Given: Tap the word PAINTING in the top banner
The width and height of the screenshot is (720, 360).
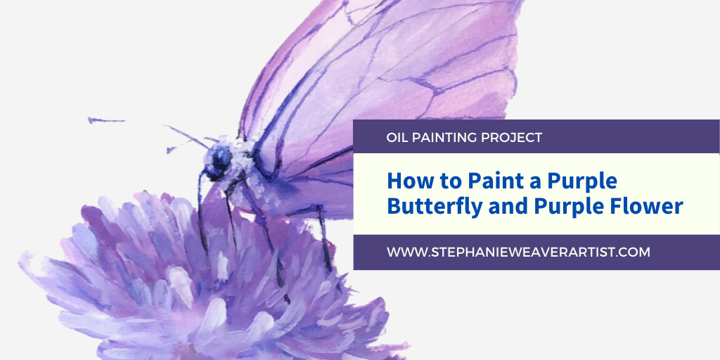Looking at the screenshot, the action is tap(444, 137).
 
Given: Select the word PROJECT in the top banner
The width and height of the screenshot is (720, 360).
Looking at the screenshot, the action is tap(512, 137).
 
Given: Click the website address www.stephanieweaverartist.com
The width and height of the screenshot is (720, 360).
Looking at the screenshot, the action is tap(518, 252).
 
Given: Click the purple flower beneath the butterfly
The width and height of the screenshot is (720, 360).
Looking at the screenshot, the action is tap(207, 280).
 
